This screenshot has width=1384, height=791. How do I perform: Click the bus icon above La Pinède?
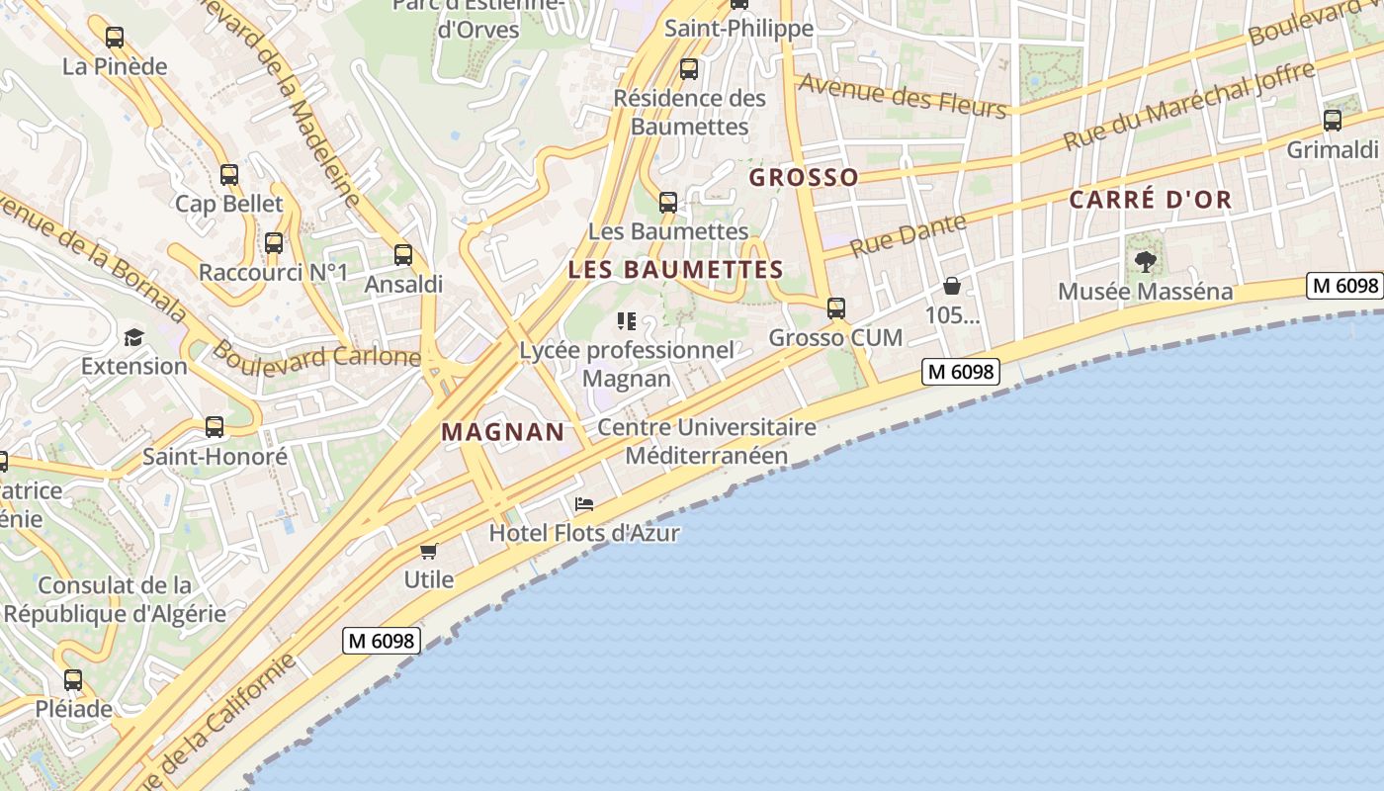[x=115, y=38]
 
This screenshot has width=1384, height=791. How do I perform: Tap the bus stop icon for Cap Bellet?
[x=229, y=175]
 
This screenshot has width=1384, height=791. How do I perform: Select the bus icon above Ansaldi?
[x=403, y=255]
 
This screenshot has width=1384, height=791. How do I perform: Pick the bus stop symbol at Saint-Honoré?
[x=215, y=427]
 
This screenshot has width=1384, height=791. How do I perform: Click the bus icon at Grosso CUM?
[x=836, y=308]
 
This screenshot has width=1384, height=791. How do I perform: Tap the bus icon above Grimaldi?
[x=1333, y=121]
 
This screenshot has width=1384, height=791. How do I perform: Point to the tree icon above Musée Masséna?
[x=1146, y=262]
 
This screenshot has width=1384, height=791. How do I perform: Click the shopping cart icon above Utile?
[x=428, y=551]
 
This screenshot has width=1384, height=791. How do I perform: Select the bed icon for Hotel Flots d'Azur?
[x=584, y=504]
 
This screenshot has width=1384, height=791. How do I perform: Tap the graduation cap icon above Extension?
[x=133, y=337]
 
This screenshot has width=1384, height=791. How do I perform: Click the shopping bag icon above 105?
[x=952, y=286]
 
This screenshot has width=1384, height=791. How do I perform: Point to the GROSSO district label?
[x=804, y=178]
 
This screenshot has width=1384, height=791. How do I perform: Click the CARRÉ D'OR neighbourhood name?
[x=1151, y=200]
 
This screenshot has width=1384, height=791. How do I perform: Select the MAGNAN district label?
[x=502, y=432]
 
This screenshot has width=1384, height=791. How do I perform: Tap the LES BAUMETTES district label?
[x=675, y=270]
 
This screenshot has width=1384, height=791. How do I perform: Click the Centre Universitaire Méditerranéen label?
[x=707, y=441]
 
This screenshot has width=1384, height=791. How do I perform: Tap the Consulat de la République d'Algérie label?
[x=115, y=599]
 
